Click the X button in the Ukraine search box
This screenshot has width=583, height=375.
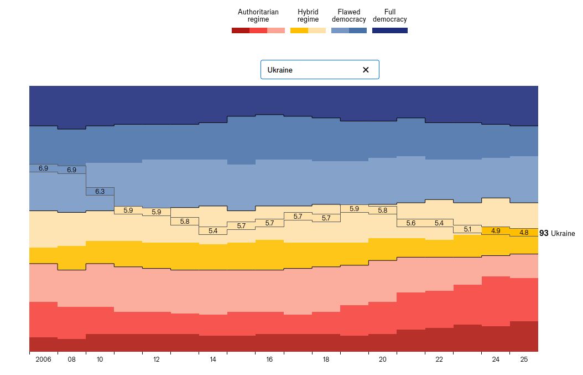pos(366,70)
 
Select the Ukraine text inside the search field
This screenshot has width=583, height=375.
pos(280,70)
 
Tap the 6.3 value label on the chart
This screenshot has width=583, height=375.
pos(100,191)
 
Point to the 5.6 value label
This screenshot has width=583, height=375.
pos(411,223)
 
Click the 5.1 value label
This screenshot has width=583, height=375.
pos(467,229)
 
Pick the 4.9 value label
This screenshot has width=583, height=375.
pos(496,230)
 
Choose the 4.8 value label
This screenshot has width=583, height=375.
pos(524,233)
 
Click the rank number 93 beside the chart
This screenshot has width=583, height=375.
pos(544,234)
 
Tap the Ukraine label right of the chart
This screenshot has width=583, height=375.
pos(563,234)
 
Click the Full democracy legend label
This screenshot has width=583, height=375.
pos(390,16)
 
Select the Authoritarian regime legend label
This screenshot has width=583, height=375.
pos(258,16)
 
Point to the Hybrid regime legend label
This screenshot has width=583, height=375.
pos(308,16)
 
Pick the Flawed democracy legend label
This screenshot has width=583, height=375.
pos(349,16)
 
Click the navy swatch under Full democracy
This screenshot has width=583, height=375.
pos(390,30)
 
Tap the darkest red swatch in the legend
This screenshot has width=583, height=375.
pos(241,30)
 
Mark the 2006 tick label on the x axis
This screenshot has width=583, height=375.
pos(43,359)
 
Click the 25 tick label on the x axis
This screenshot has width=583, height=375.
pos(524,359)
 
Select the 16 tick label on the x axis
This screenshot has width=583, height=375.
pos(269,359)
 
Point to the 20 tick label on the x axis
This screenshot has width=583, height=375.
pos(383,359)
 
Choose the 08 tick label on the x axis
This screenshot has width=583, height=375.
pos(72,359)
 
